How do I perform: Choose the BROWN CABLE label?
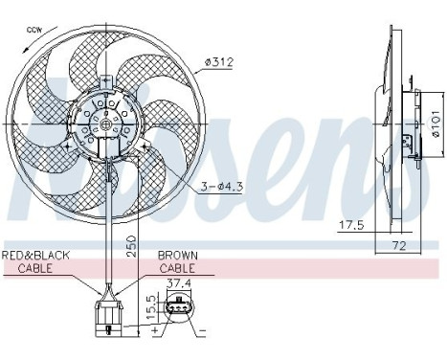pyautogui.click(x=179, y=261)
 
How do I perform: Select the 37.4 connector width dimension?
pyautogui.click(x=177, y=284)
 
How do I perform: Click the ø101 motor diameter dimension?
pyautogui.click(x=434, y=123)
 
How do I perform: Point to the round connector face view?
pyautogui.click(x=178, y=308)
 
